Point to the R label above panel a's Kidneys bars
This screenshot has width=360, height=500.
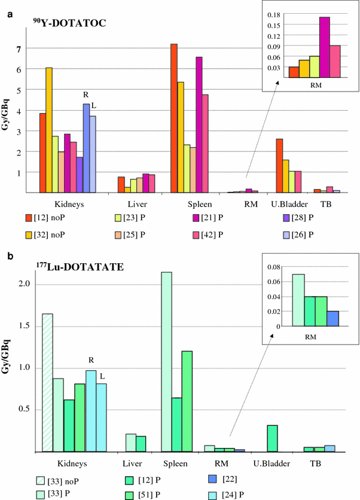(86, 94)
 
